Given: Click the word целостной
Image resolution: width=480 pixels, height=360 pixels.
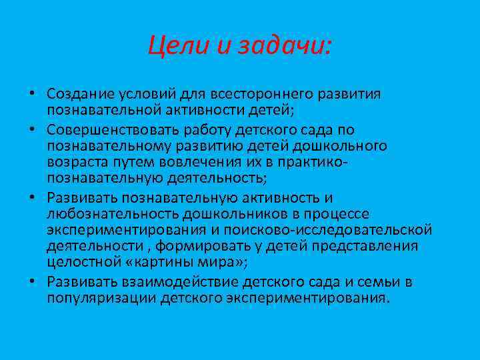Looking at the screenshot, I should coord(79,263).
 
